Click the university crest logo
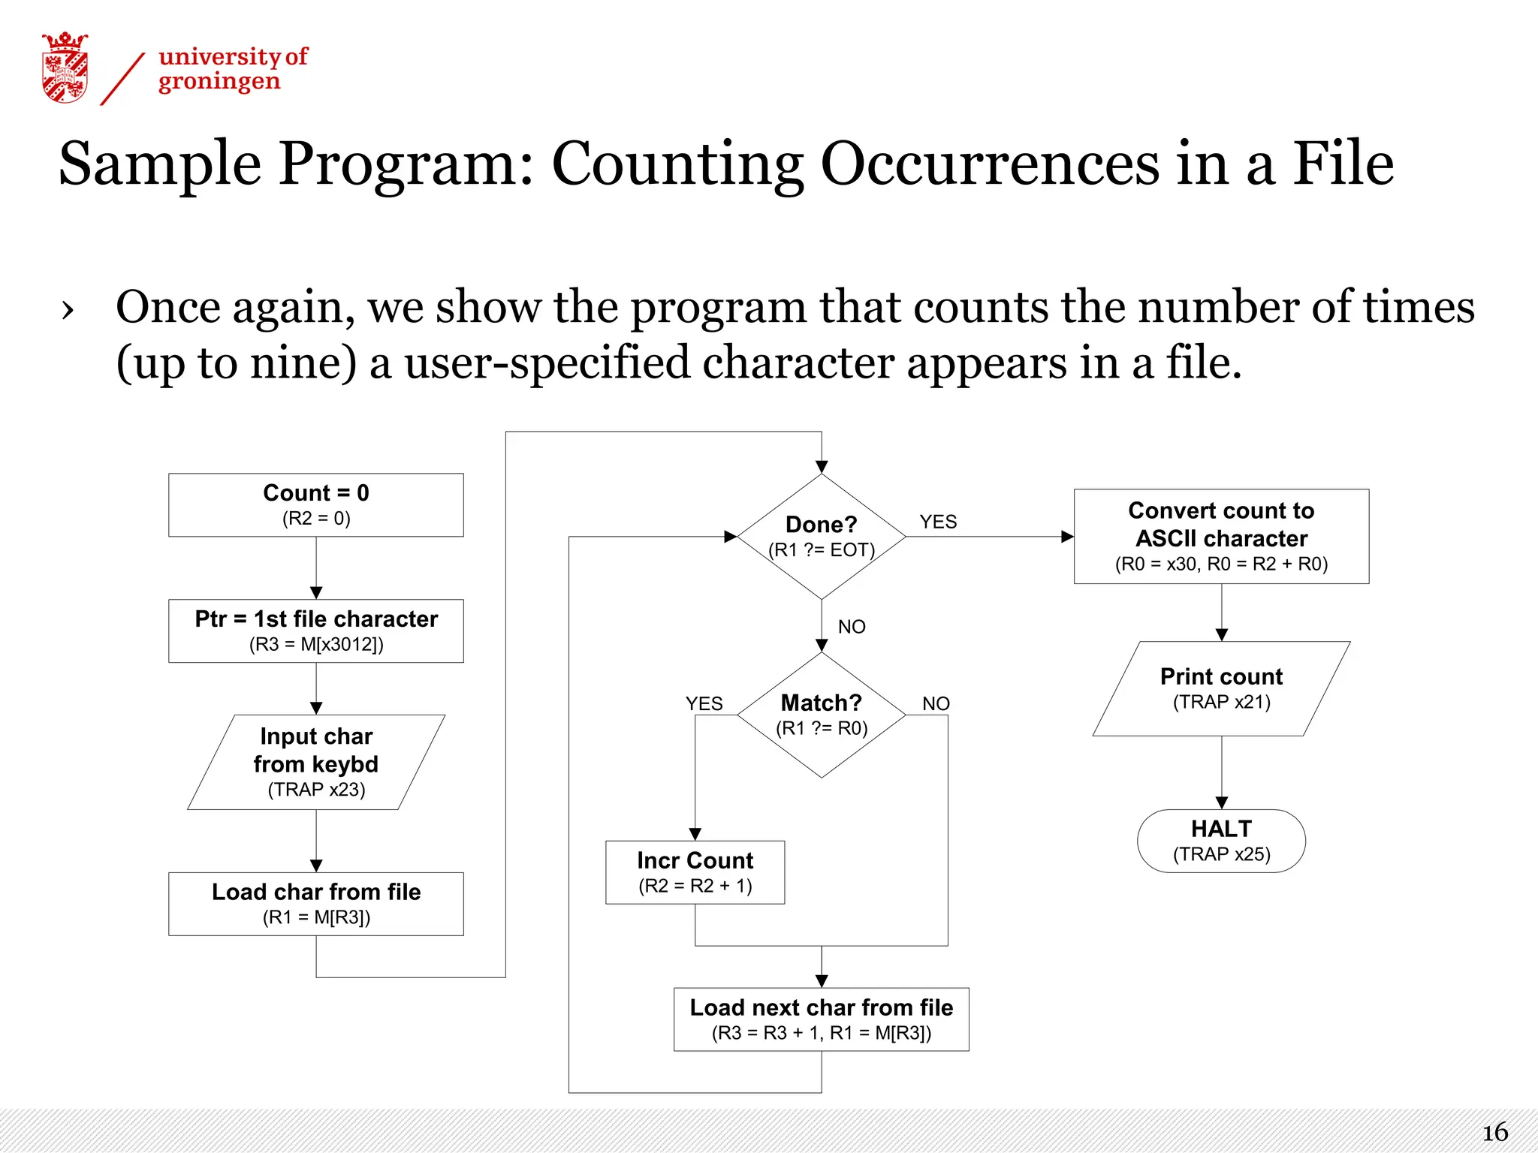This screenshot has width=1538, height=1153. tap(65, 68)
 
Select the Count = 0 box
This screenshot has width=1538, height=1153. tap(316, 504)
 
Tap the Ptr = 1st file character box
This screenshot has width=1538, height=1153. tap(316, 631)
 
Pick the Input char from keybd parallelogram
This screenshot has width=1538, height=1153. tap(316, 762)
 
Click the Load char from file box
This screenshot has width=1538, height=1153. tap(316, 904)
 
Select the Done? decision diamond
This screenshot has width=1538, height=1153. tap(822, 536)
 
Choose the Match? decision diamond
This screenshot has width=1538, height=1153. tap(822, 715)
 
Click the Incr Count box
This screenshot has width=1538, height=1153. tap(695, 872)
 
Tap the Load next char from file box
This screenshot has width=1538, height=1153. tap(822, 1019)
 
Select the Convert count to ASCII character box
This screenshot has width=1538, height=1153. tap(1221, 536)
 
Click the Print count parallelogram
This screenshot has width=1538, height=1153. tap(1221, 688)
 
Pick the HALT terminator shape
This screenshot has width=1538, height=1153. tap(1221, 841)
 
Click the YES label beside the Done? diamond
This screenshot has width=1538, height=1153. tap(938, 522)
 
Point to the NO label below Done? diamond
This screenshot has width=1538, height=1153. tap(852, 627)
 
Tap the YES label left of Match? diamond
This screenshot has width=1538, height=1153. tap(704, 703)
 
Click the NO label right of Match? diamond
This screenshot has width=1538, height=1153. tap(936, 703)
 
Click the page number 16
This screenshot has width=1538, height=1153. tap(1494, 1132)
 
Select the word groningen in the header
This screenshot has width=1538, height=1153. tap(219, 81)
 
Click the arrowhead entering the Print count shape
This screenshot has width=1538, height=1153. tap(1222, 634)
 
